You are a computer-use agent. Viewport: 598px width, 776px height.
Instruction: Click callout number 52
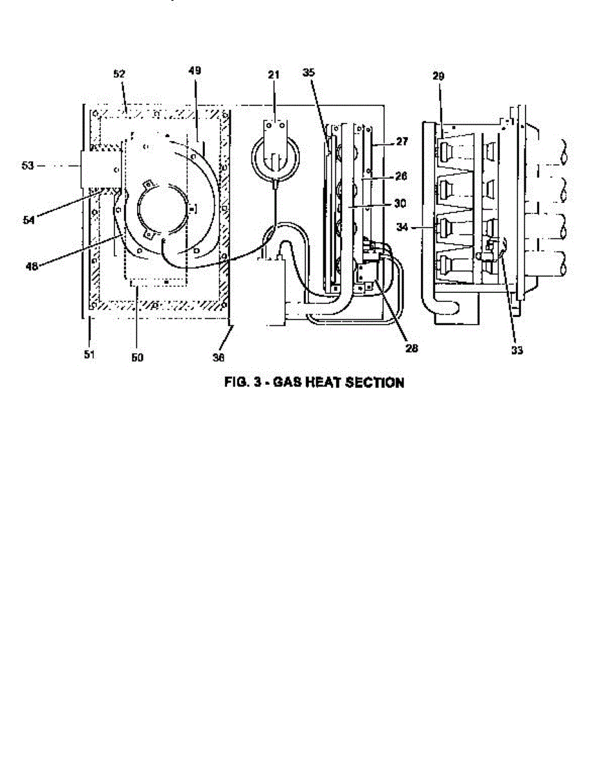(x=119, y=74)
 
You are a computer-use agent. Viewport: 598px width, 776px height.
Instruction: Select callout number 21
(x=273, y=76)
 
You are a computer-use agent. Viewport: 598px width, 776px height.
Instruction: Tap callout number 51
(x=90, y=355)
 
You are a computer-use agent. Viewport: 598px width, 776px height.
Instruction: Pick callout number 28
(x=412, y=348)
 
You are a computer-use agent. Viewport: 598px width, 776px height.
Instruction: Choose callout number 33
(x=517, y=350)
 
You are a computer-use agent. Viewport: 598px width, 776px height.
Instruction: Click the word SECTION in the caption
(x=371, y=383)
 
